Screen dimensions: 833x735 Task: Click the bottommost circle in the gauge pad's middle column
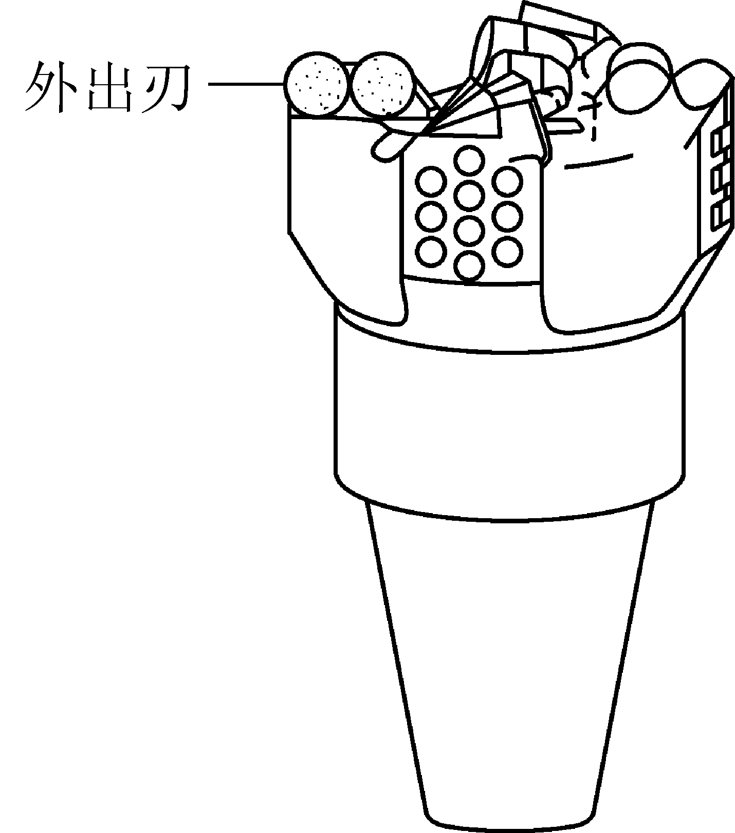469,266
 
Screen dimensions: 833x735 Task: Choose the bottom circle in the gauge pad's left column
431,251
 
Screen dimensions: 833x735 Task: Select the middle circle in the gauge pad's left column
431,216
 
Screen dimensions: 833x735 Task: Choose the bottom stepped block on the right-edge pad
720,216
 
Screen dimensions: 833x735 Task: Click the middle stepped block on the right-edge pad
720,180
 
